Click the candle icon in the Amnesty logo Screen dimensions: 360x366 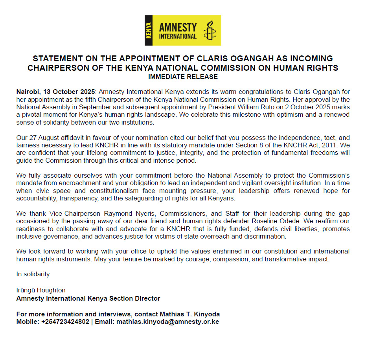(209, 31)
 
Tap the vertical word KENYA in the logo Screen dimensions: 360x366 (149, 31)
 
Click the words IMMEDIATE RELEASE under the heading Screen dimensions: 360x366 (183, 76)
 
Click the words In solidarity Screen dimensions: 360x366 (33, 274)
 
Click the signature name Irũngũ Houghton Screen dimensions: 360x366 (41, 290)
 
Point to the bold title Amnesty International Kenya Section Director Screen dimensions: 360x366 (88, 298)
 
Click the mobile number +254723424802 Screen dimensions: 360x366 (65, 321)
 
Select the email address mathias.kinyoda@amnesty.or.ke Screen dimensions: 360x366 (167, 321)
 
